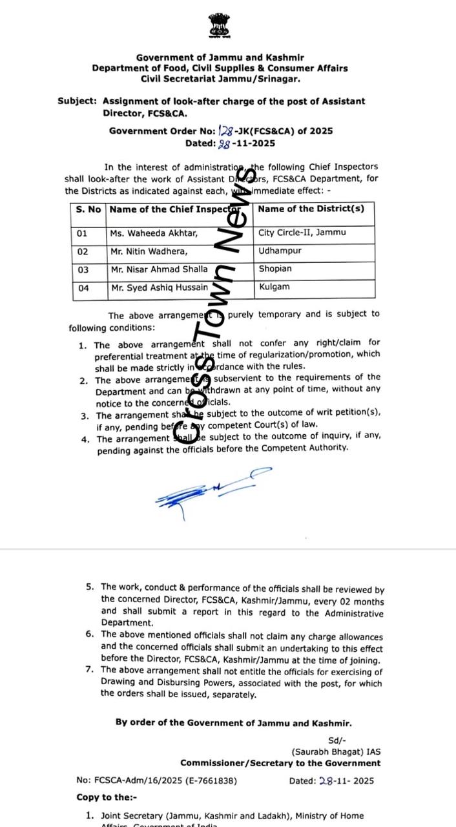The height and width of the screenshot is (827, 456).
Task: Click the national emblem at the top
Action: click(220, 25)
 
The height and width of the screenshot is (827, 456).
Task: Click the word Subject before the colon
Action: click(77, 101)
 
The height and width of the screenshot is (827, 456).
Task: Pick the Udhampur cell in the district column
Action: click(280, 251)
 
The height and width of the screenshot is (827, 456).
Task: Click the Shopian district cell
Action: click(276, 269)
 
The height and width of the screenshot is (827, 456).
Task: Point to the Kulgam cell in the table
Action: click(275, 287)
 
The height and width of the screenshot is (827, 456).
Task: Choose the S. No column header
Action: click(88, 209)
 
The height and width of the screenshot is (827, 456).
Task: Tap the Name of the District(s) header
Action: click(311, 209)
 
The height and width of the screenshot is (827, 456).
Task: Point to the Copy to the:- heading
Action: click(105, 798)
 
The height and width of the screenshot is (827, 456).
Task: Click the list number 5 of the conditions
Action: click(90, 587)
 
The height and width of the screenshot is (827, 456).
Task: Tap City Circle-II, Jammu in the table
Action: click(302, 233)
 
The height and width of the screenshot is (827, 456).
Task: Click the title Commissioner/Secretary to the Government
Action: click(280, 763)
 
